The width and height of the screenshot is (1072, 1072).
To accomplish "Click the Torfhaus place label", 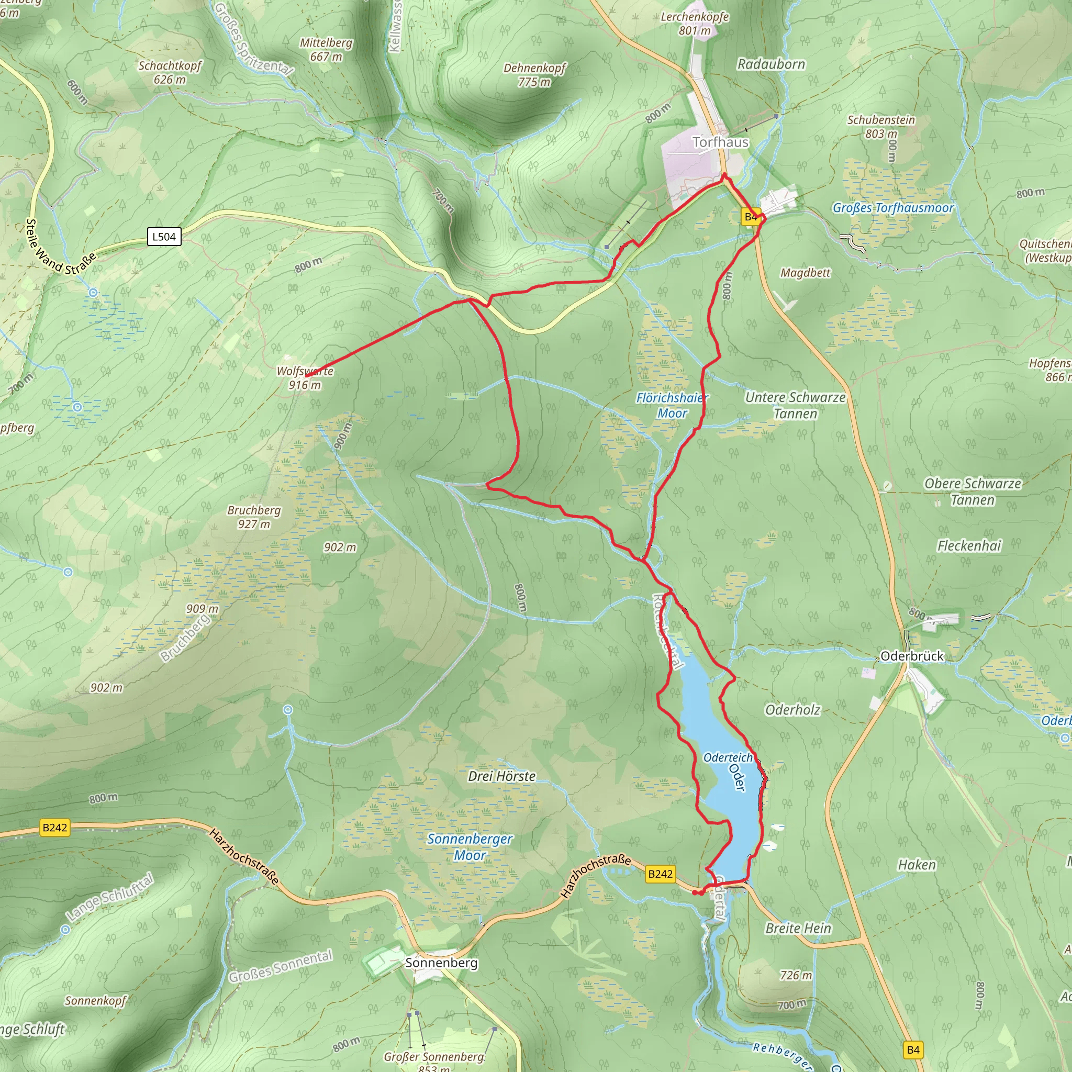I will click(x=720, y=142).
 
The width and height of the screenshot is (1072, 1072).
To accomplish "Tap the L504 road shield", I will click(x=164, y=237).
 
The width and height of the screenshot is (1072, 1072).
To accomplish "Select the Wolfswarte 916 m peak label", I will click(x=305, y=378).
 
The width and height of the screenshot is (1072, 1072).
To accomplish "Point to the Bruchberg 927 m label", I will click(x=254, y=517).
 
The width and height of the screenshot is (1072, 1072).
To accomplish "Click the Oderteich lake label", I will click(x=728, y=757).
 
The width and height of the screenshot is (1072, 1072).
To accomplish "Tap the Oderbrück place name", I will click(x=912, y=656).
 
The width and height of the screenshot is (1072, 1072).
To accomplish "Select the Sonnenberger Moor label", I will click(x=470, y=847).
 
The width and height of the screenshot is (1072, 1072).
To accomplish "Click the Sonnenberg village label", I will click(x=441, y=963).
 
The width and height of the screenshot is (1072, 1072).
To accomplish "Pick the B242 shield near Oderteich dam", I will click(x=660, y=874).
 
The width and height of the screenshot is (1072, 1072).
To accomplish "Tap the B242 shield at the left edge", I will click(x=55, y=828).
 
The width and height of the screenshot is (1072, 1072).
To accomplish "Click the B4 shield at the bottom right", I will click(x=913, y=1050).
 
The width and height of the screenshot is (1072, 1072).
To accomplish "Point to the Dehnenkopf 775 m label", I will click(x=534, y=75).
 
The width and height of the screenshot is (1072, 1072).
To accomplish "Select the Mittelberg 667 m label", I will click(x=326, y=49).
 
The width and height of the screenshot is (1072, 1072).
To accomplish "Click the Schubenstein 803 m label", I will click(x=880, y=127).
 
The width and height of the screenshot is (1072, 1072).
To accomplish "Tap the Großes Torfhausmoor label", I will click(x=893, y=208).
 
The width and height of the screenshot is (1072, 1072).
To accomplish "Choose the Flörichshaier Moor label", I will click(x=672, y=405).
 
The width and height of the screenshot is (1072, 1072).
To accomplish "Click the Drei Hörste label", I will click(x=501, y=776).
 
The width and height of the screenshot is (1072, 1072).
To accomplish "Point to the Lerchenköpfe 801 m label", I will click(x=695, y=24).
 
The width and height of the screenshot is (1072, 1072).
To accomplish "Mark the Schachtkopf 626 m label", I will click(x=170, y=72).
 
